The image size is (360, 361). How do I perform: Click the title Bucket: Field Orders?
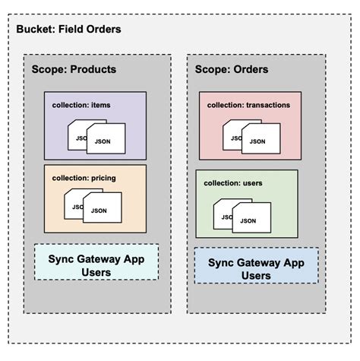pyautogui.click(x=68, y=30)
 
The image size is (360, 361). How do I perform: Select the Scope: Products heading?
pyautogui.click(x=74, y=69)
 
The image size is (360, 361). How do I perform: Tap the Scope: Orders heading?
pyautogui.click(x=232, y=69)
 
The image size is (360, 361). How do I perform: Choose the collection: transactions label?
pyautogui.click(x=249, y=106)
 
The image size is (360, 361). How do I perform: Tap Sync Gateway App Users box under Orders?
pyautogui.click(x=257, y=268)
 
